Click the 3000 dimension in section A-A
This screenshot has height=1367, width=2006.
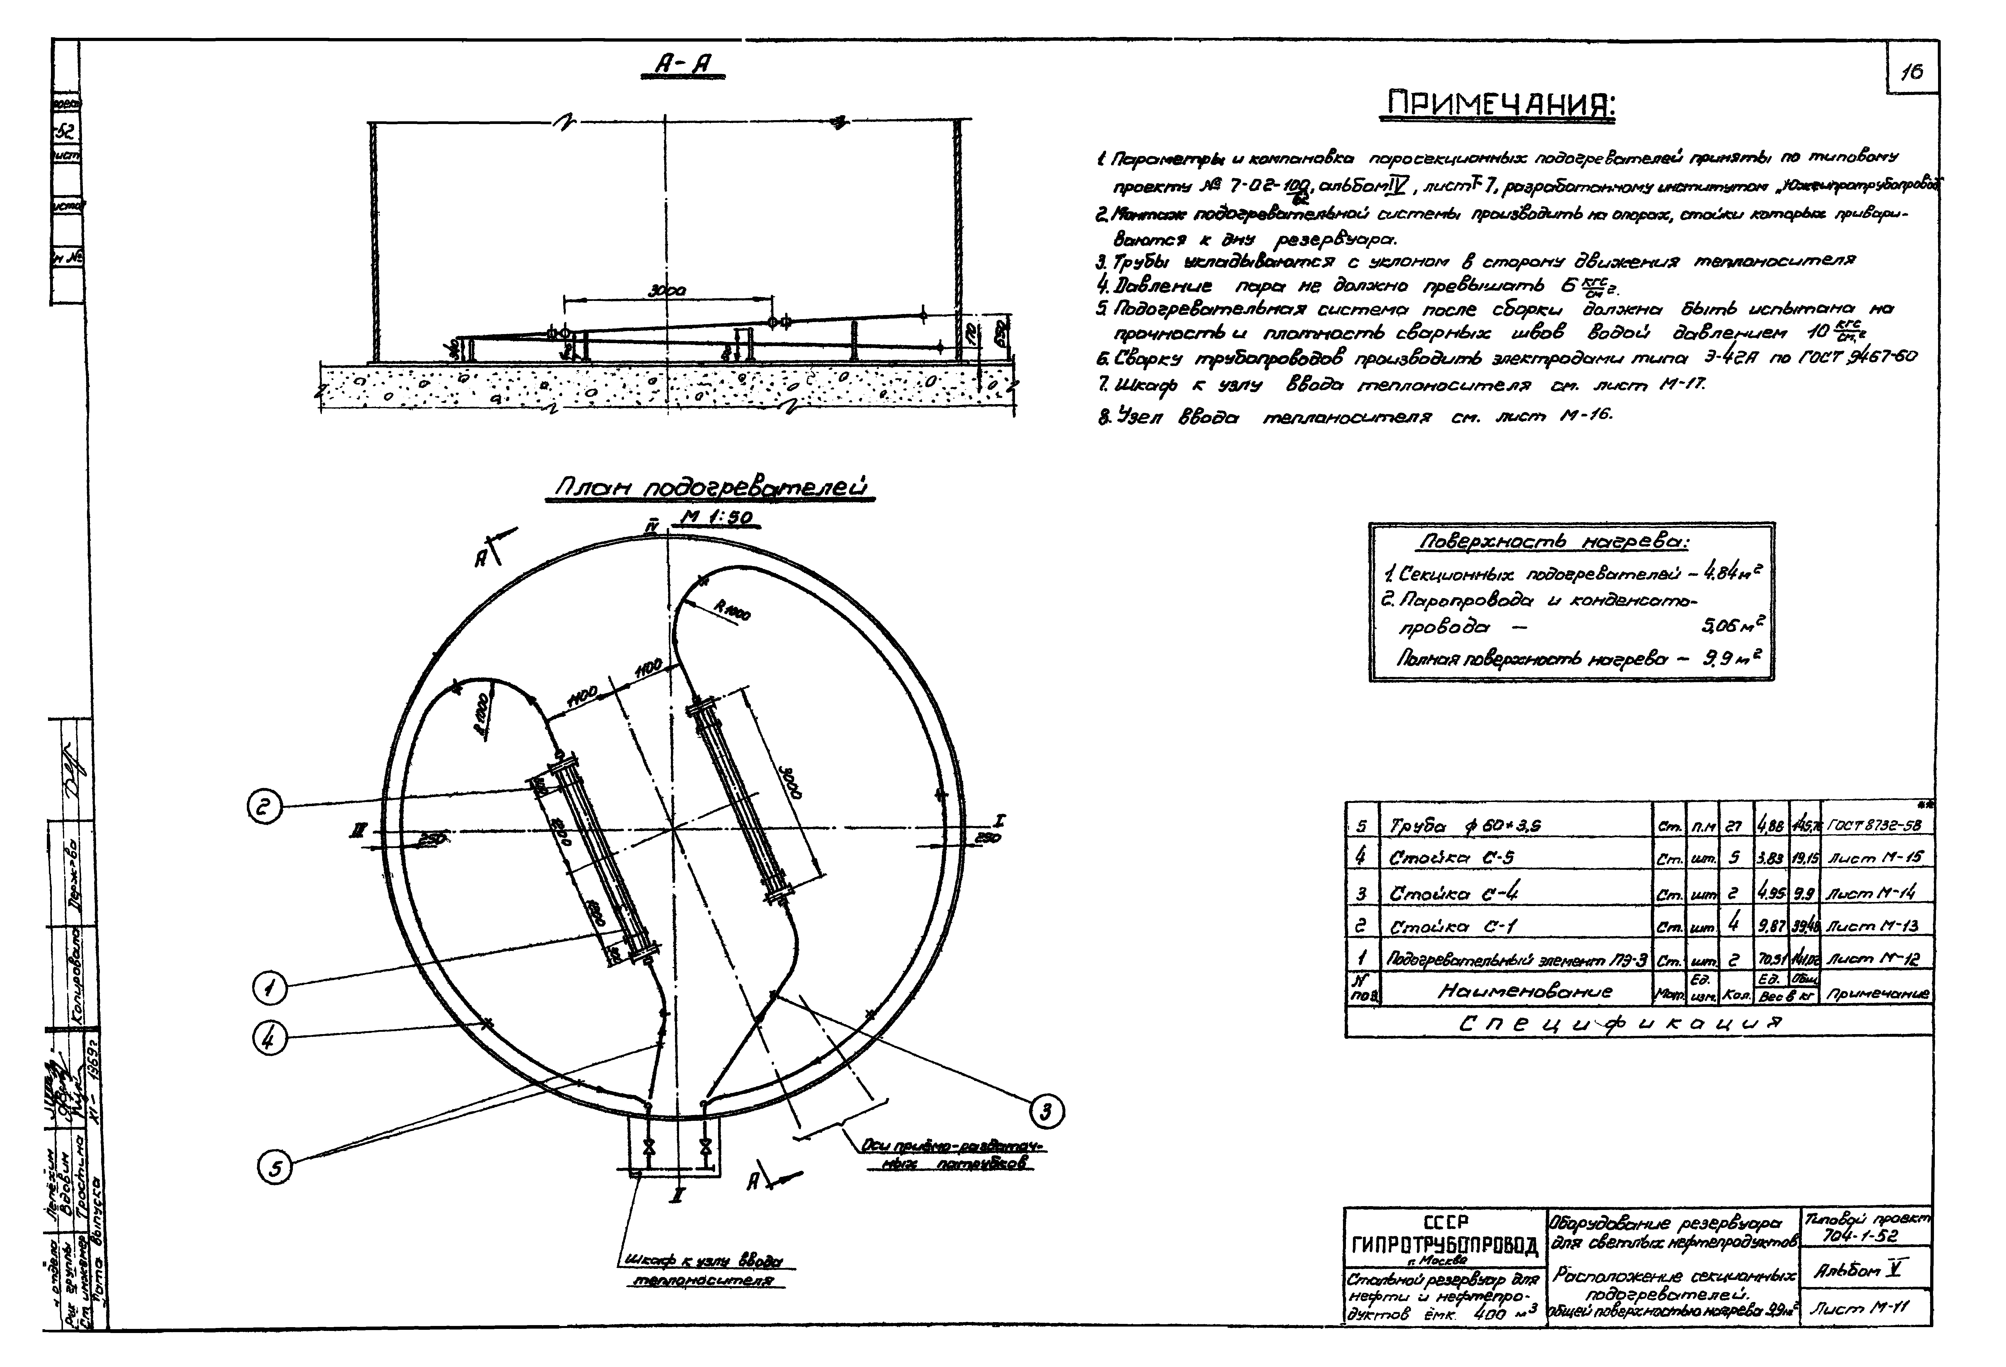(666, 293)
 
